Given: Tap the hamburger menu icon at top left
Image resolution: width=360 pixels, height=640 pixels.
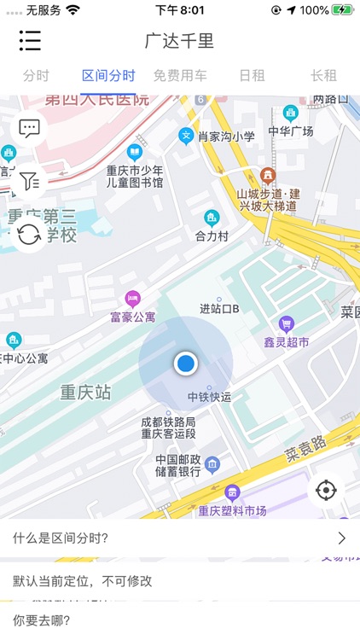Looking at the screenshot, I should point(30,40).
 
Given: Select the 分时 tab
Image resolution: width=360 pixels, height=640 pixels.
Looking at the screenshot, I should point(36,75).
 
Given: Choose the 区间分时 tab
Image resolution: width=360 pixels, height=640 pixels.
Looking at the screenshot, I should point(108,75).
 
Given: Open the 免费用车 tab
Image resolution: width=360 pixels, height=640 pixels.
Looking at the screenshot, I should point(180,75).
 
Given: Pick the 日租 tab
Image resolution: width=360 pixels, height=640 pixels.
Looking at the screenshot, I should point(252,75).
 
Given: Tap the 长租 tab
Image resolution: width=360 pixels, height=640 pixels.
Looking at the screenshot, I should point(323,75).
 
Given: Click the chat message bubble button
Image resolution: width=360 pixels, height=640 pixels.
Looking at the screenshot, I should point(30,129).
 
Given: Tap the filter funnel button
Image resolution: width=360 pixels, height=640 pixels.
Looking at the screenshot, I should point(30,181).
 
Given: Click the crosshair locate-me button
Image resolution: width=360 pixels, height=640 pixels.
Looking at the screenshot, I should point(327,491).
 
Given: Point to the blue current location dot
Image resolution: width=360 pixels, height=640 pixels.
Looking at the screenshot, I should point(185,364).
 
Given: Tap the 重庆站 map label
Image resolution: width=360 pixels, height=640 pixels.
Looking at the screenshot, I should point(85,393).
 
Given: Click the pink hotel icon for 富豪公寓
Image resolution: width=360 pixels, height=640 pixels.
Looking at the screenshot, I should point(132,298).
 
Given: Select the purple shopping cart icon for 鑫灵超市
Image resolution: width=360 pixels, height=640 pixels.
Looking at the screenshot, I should point(287,323).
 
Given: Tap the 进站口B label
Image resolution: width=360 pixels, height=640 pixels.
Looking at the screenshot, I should point(219,308).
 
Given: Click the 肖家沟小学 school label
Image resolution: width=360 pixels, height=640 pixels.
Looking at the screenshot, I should point(227,136).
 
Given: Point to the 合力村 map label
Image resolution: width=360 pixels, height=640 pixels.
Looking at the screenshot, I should point(212,234).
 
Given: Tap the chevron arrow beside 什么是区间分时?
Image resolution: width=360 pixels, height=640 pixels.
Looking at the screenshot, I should point(341,538).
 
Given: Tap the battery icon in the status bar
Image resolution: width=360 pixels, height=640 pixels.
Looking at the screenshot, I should point(342,10).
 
